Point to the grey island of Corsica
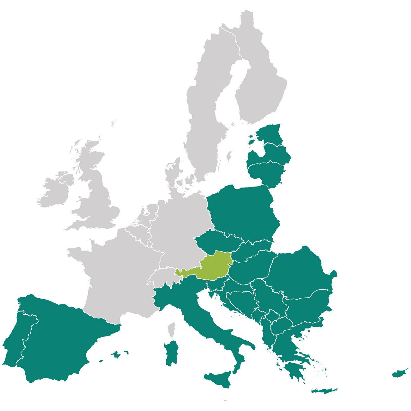click(172, 328)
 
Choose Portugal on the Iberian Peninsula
click(18, 337)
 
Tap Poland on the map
click(242, 212)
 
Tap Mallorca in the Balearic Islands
click(116, 354)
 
